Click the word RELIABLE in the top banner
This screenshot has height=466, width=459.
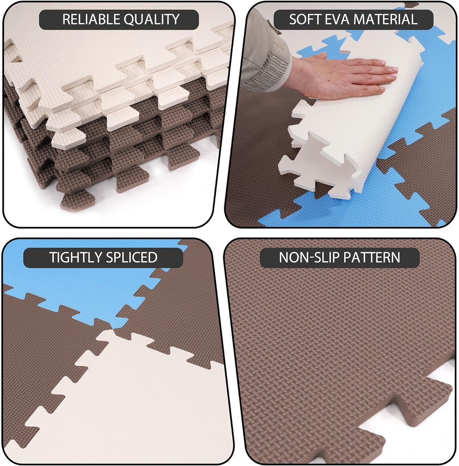click(91, 19)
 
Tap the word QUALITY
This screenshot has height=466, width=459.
click(152, 19)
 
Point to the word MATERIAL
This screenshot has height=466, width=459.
click(386, 19)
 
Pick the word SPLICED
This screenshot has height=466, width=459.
click(132, 257)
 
